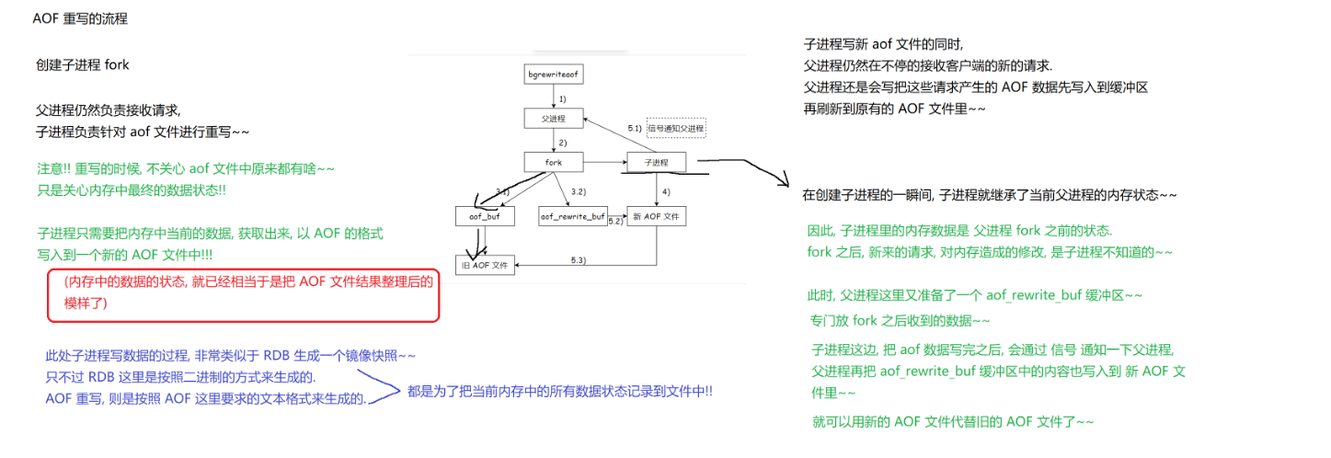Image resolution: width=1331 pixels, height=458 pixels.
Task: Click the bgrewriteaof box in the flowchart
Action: tap(556, 74)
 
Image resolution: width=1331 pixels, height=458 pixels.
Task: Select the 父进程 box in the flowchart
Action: tap(556, 119)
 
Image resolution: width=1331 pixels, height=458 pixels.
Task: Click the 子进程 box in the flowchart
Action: tap(656, 163)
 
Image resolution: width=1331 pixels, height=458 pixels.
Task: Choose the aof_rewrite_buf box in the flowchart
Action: tap(572, 216)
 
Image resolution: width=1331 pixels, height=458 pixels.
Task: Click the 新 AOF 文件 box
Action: tap(656, 216)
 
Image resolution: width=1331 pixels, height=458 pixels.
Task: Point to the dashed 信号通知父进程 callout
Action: tap(675, 128)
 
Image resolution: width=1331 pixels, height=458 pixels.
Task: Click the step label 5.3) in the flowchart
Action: tap(579, 260)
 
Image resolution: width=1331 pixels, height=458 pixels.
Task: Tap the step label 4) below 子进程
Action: tap(667, 190)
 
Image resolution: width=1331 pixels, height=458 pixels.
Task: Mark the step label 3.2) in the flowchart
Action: tap(579, 190)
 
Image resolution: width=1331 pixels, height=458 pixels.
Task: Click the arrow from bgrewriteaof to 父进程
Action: tap(556, 96)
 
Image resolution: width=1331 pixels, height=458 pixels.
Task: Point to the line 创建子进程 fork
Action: tap(82, 65)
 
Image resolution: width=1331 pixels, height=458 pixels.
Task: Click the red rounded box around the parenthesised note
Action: tap(244, 295)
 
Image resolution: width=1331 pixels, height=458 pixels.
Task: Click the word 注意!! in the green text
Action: tap(52, 170)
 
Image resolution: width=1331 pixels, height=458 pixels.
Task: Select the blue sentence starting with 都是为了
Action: tap(559, 391)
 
